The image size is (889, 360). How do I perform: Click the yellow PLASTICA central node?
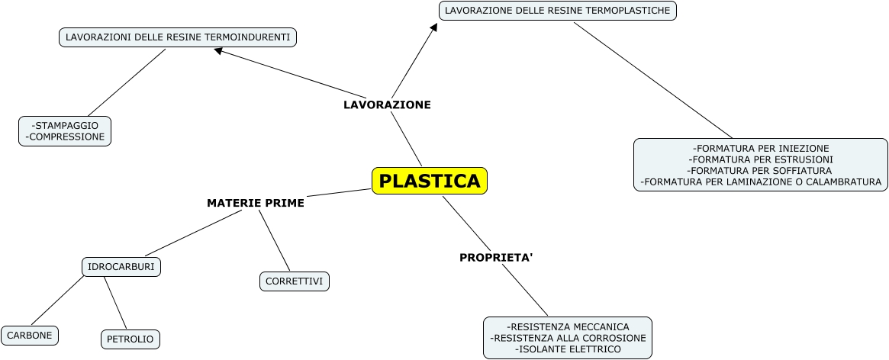pyautogui.click(x=430, y=182)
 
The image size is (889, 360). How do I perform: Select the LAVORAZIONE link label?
pyautogui.click(x=387, y=105)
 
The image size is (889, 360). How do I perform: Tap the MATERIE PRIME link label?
pyautogui.click(x=256, y=203)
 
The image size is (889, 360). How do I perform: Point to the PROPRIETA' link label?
pyautogui.click(x=496, y=258)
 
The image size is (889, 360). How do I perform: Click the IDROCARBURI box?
pyautogui.click(x=121, y=267)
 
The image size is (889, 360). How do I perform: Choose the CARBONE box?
pyautogui.click(x=30, y=335)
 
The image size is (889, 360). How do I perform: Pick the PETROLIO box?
pyautogui.click(x=130, y=339)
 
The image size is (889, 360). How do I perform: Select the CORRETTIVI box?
pyautogui.click(x=295, y=281)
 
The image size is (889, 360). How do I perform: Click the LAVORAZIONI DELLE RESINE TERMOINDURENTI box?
pyautogui.click(x=178, y=37)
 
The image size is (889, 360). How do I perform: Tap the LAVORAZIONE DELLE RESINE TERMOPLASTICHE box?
pyautogui.click(x=558, y=11)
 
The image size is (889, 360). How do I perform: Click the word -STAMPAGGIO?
pyautogui.click(x=65, y=125)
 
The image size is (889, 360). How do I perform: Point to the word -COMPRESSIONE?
pyautogui.click(x=65, y=137)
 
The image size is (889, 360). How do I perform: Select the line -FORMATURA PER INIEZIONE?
pyautogui.click(x=761, y=148)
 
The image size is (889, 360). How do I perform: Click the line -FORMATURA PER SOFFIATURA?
pyautogui.click(x=761, y=171)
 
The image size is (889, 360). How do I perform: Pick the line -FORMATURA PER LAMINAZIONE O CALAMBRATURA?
pyautogui.click(x=761, y=182)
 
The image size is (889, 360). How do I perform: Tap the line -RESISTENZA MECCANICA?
pyautogui.click(x=568, y=326)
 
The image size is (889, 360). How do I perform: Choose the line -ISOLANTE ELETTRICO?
pyautogui.click(x=568, y=349)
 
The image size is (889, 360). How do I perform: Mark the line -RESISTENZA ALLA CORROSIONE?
pyautogui.click(x=568, y=338)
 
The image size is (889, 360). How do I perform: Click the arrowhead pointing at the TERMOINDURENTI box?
pyautogui.click(x=218, y=51)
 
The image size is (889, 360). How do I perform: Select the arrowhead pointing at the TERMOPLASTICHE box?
pyautogui.click(x=434, y=27)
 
